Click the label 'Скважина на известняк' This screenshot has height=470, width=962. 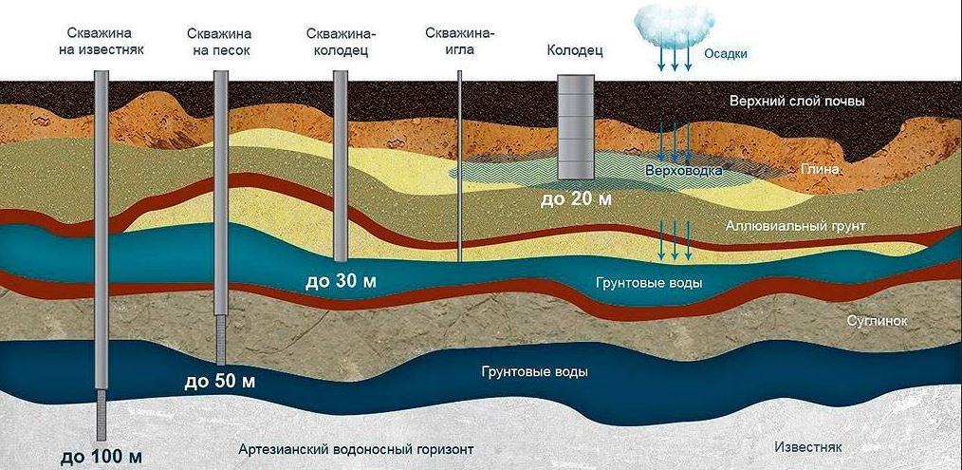pos(102,41)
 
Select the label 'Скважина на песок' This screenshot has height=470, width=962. pos(219,42)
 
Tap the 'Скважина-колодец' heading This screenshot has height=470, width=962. pos(342,42)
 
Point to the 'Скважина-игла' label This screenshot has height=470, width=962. pos(460,41)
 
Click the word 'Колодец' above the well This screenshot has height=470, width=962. pos(575,51)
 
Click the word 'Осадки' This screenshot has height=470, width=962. pos(725,54)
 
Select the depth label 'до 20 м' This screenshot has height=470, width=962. pos(576,199)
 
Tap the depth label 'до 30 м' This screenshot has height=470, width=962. pos(341,282)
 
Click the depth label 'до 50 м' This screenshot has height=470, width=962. pos(220,381)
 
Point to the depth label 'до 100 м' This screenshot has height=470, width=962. pos(102,457)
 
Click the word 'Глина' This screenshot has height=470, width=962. pos(820,169)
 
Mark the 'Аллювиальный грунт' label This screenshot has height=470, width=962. pos(796,227)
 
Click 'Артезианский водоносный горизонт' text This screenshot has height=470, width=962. pos(357,448)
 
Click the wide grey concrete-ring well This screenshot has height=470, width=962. pos(576,127)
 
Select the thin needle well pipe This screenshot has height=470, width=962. pos(459,166)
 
